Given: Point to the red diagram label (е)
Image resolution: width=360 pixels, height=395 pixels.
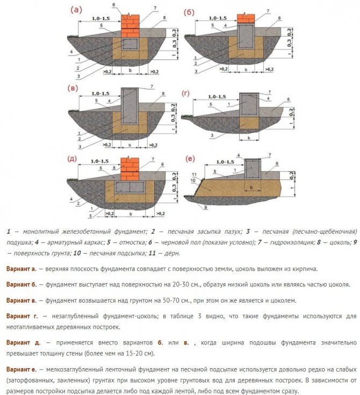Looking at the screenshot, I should click(x=189, y=159).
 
